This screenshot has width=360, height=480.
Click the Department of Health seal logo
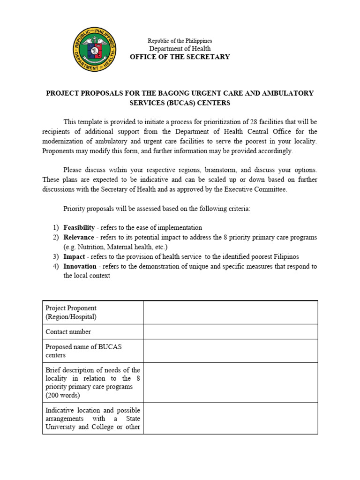tap(95, 49)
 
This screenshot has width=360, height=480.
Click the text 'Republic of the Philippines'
tap(180, 41)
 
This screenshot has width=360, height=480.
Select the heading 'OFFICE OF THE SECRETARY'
tap(180, 57)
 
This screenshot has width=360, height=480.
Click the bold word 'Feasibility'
tap(79, 227)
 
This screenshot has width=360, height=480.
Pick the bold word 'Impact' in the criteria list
tap(74, 256)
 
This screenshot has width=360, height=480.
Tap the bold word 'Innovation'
tap(80, 266)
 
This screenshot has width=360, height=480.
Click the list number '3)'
tap(56, 256)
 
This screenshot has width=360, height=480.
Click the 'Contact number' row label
tap(68, 332)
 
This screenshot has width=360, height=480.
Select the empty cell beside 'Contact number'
tap(230, 332)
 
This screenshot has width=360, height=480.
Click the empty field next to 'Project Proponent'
tap(230, 313)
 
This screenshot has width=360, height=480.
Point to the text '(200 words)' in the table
tap(62, 395)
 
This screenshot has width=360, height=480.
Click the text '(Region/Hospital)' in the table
tap(71, 317)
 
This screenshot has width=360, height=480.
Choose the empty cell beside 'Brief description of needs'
tap(230, 382)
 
